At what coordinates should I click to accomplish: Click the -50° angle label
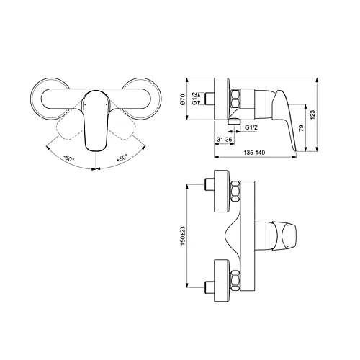[x=70, y=157]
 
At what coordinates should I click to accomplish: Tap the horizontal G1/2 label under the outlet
[x=252, y=127]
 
